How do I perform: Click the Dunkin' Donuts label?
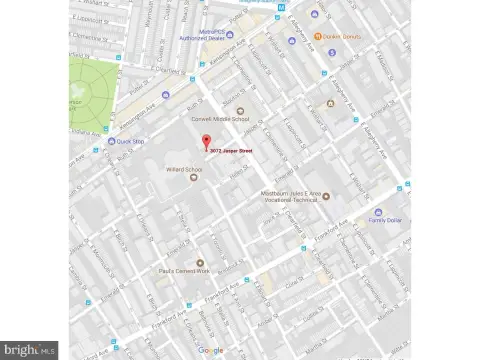point(341,36)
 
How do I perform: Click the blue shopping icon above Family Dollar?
point(377,212)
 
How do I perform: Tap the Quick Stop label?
point(130,141)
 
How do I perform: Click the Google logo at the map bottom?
point(211,349)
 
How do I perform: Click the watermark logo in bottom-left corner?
point(28,350)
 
